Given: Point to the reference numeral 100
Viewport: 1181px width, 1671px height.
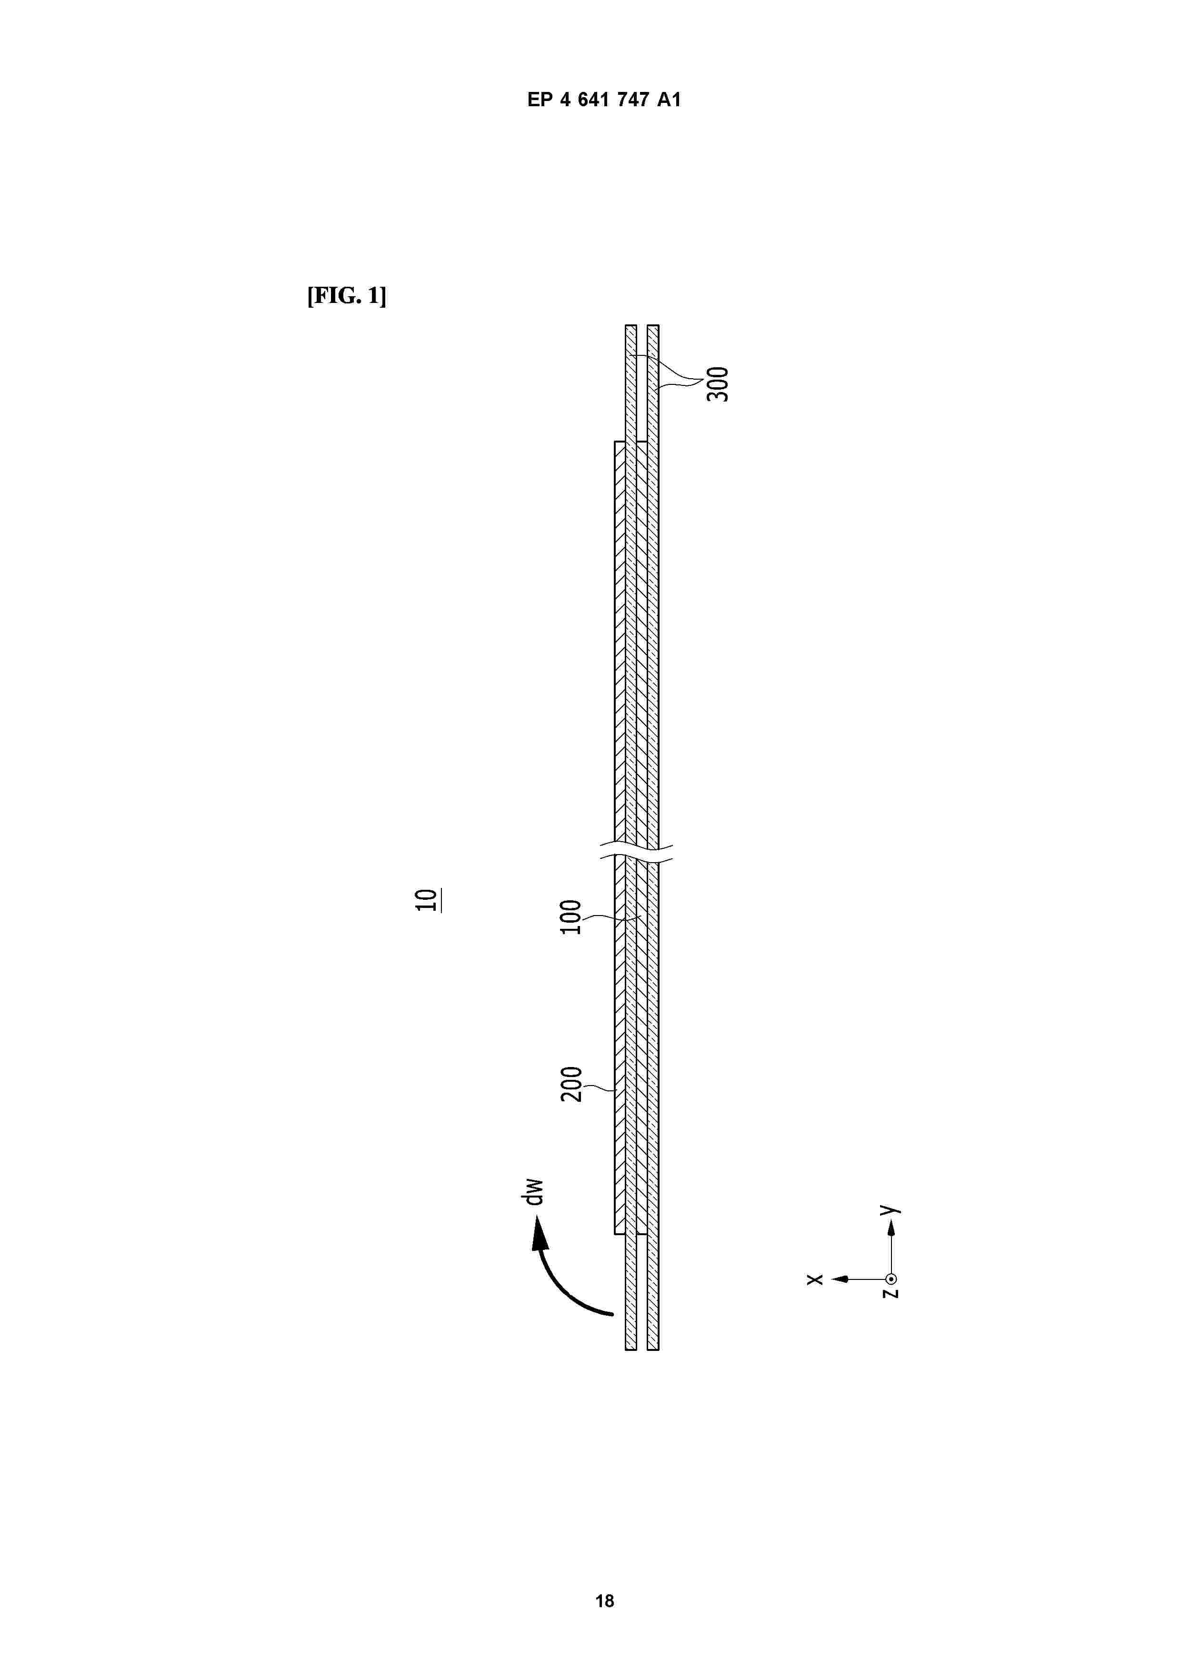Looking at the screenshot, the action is coord(571,917).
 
